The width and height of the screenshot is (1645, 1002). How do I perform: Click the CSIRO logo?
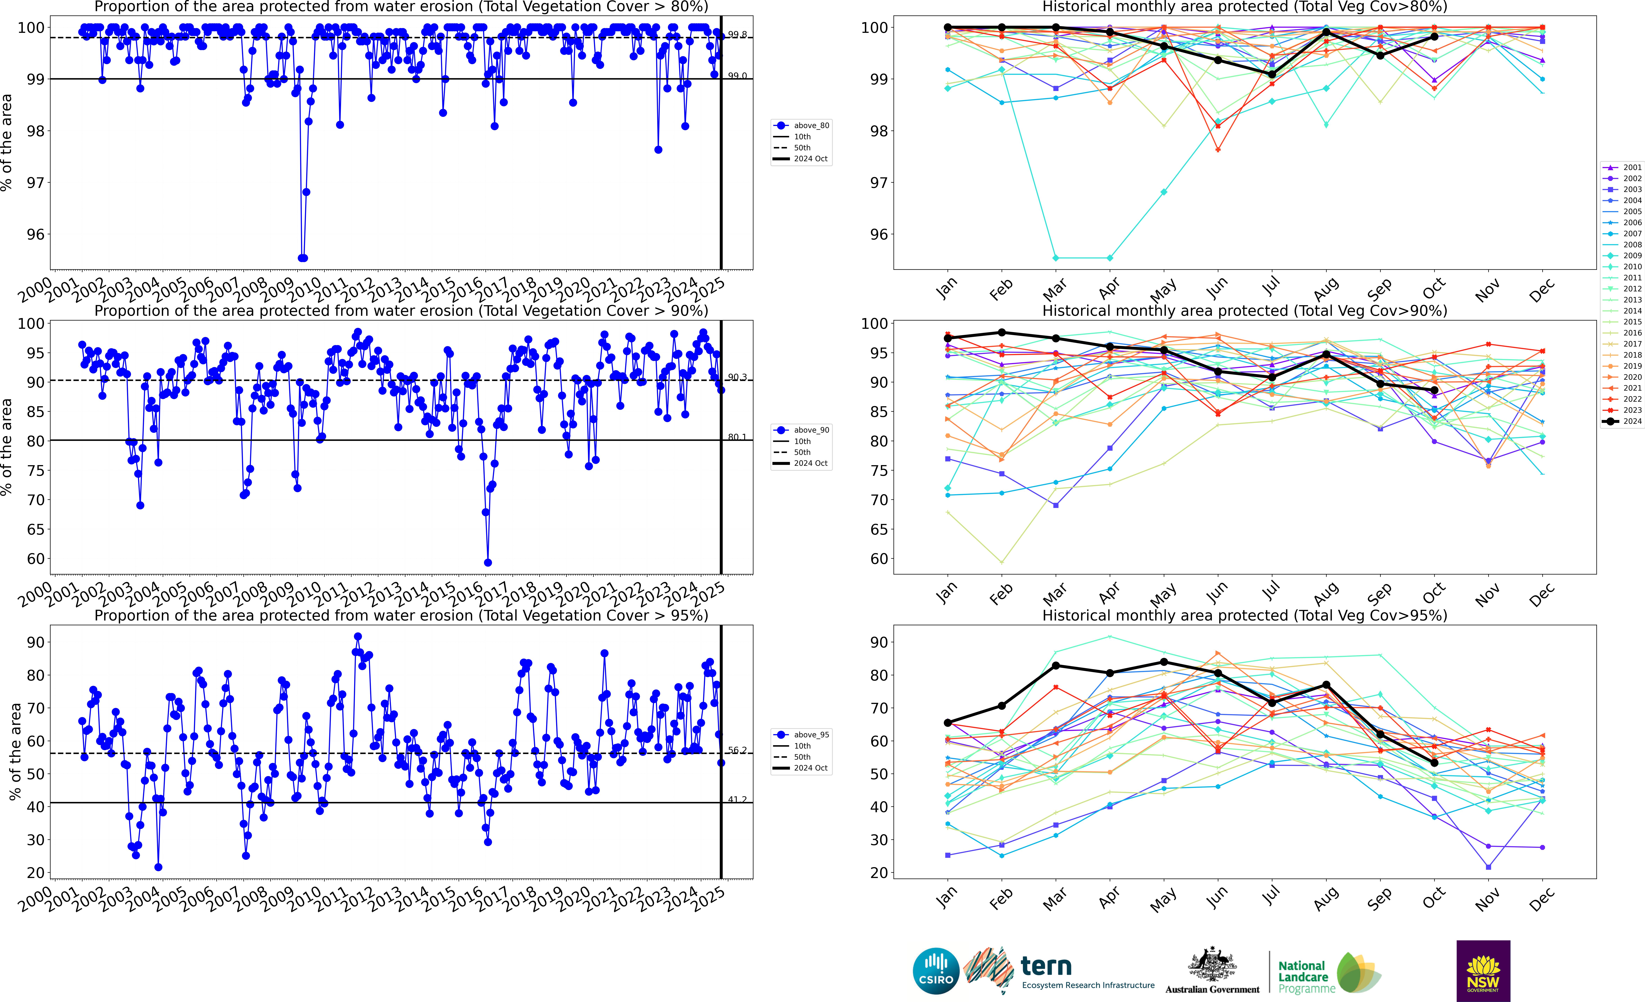pos(935,971)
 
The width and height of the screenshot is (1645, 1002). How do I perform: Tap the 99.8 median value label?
pos(737,35)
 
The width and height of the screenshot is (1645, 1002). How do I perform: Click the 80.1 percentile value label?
pos(737,437)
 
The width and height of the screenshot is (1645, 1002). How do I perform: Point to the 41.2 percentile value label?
pos(737,800)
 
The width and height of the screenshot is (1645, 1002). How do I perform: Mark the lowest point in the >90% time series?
pos(487,562)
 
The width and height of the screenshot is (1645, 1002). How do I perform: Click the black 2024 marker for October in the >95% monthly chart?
pos(1434,763)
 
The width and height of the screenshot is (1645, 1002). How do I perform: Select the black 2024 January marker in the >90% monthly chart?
pos(947,338)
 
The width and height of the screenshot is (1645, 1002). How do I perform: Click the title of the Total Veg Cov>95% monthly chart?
pos(1244,615)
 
